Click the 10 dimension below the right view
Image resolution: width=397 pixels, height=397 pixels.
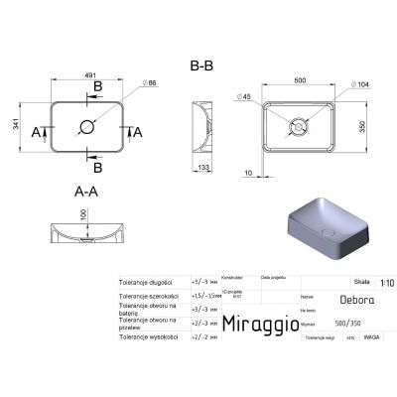(246, 173)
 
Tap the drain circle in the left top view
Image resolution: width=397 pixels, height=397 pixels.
(85, 128)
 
